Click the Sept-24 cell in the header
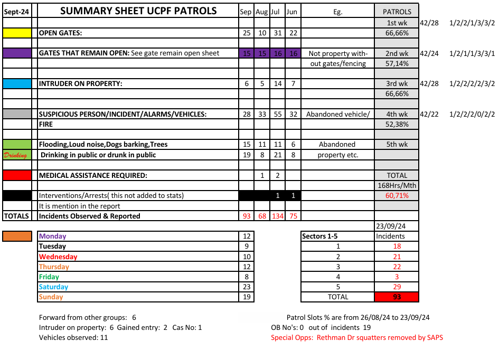tap(17, 11)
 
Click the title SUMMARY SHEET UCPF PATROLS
tap(138, 11)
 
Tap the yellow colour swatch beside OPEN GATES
tap(17, 33)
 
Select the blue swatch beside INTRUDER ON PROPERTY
tap(17, 83)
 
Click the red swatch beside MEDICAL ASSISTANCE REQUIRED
tap(17, 175)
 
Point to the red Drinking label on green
tap(17, 155)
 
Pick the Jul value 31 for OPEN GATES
tap(278, 33)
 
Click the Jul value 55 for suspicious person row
tap(278, 114)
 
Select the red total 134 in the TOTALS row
tap(278, 216)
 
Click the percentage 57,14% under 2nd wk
tap(397, 63)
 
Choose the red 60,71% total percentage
tap(397, 195)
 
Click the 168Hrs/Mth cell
tap(397, 185)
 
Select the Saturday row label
tap(54, 287)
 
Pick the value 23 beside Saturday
tap(246, 287)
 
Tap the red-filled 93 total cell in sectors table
tap(397, 297)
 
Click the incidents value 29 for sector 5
tap(397, 287)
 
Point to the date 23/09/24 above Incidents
tap(397, 226)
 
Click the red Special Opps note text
tap(357, 337)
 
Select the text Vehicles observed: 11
tap(73, 337)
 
